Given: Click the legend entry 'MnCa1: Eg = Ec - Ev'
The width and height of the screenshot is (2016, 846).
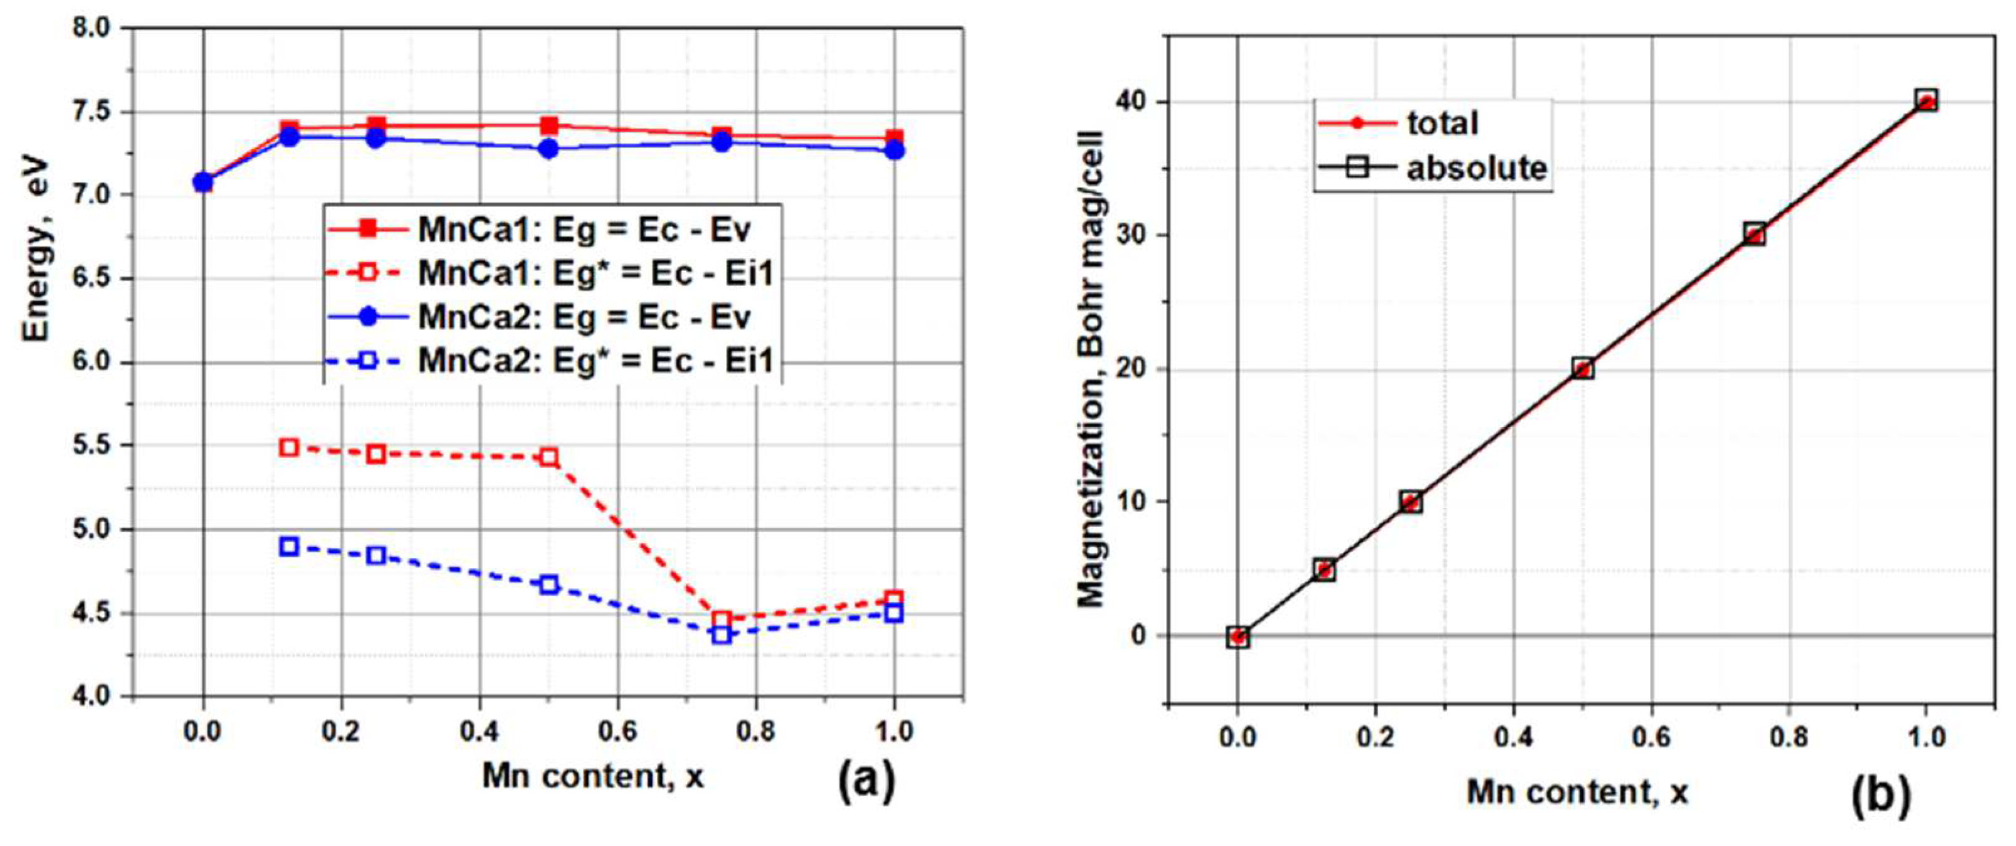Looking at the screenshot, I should (x=583, y=230).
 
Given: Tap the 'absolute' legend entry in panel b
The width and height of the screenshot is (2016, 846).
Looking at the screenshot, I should (x=1476, y=168).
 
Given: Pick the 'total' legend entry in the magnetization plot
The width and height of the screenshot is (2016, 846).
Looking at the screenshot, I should (x=1442, y=123).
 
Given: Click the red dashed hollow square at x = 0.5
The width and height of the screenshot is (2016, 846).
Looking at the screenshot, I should (x=549, y=457).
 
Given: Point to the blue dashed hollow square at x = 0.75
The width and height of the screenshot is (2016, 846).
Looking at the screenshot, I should (x=722, y=634).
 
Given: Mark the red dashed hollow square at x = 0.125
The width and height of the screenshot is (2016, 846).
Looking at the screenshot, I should (x=289, y=448).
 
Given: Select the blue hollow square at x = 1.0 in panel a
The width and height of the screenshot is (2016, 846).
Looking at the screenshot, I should (x=895, y=613).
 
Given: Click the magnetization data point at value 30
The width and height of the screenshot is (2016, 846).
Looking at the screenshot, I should (x=1755, y=235).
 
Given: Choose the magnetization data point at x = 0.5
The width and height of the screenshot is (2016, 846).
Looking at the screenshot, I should (x=1582, y=369).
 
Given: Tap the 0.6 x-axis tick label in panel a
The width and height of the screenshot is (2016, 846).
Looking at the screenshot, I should (x=617, y=732).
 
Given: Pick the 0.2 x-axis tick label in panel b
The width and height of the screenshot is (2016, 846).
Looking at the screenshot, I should (x=1375, y=738).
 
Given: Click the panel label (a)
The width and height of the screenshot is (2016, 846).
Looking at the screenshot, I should (x=866, y=781).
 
